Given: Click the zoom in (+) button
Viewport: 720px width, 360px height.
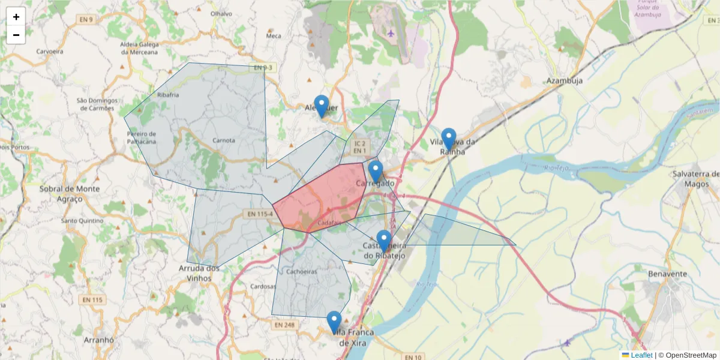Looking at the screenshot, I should [x=16, y=17].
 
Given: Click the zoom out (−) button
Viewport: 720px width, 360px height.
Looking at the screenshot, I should [x=16, y=35].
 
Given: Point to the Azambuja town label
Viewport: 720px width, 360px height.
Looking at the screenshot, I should [x=565, y=81].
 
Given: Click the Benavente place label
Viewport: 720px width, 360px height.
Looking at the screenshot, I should [x=667, y=274].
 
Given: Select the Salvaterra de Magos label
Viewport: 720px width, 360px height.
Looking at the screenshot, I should [x=696, y=178].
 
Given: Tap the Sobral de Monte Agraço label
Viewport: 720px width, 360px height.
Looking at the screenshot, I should [x=70, y=193].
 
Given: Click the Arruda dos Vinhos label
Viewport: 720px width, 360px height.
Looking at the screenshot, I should [x=200, y=273].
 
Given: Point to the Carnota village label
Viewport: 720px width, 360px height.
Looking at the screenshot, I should [x=224, y=140].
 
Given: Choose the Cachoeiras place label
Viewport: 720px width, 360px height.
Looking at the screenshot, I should [x=302, y=271].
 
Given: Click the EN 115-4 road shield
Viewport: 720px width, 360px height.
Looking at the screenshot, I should [x=260, y=214].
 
